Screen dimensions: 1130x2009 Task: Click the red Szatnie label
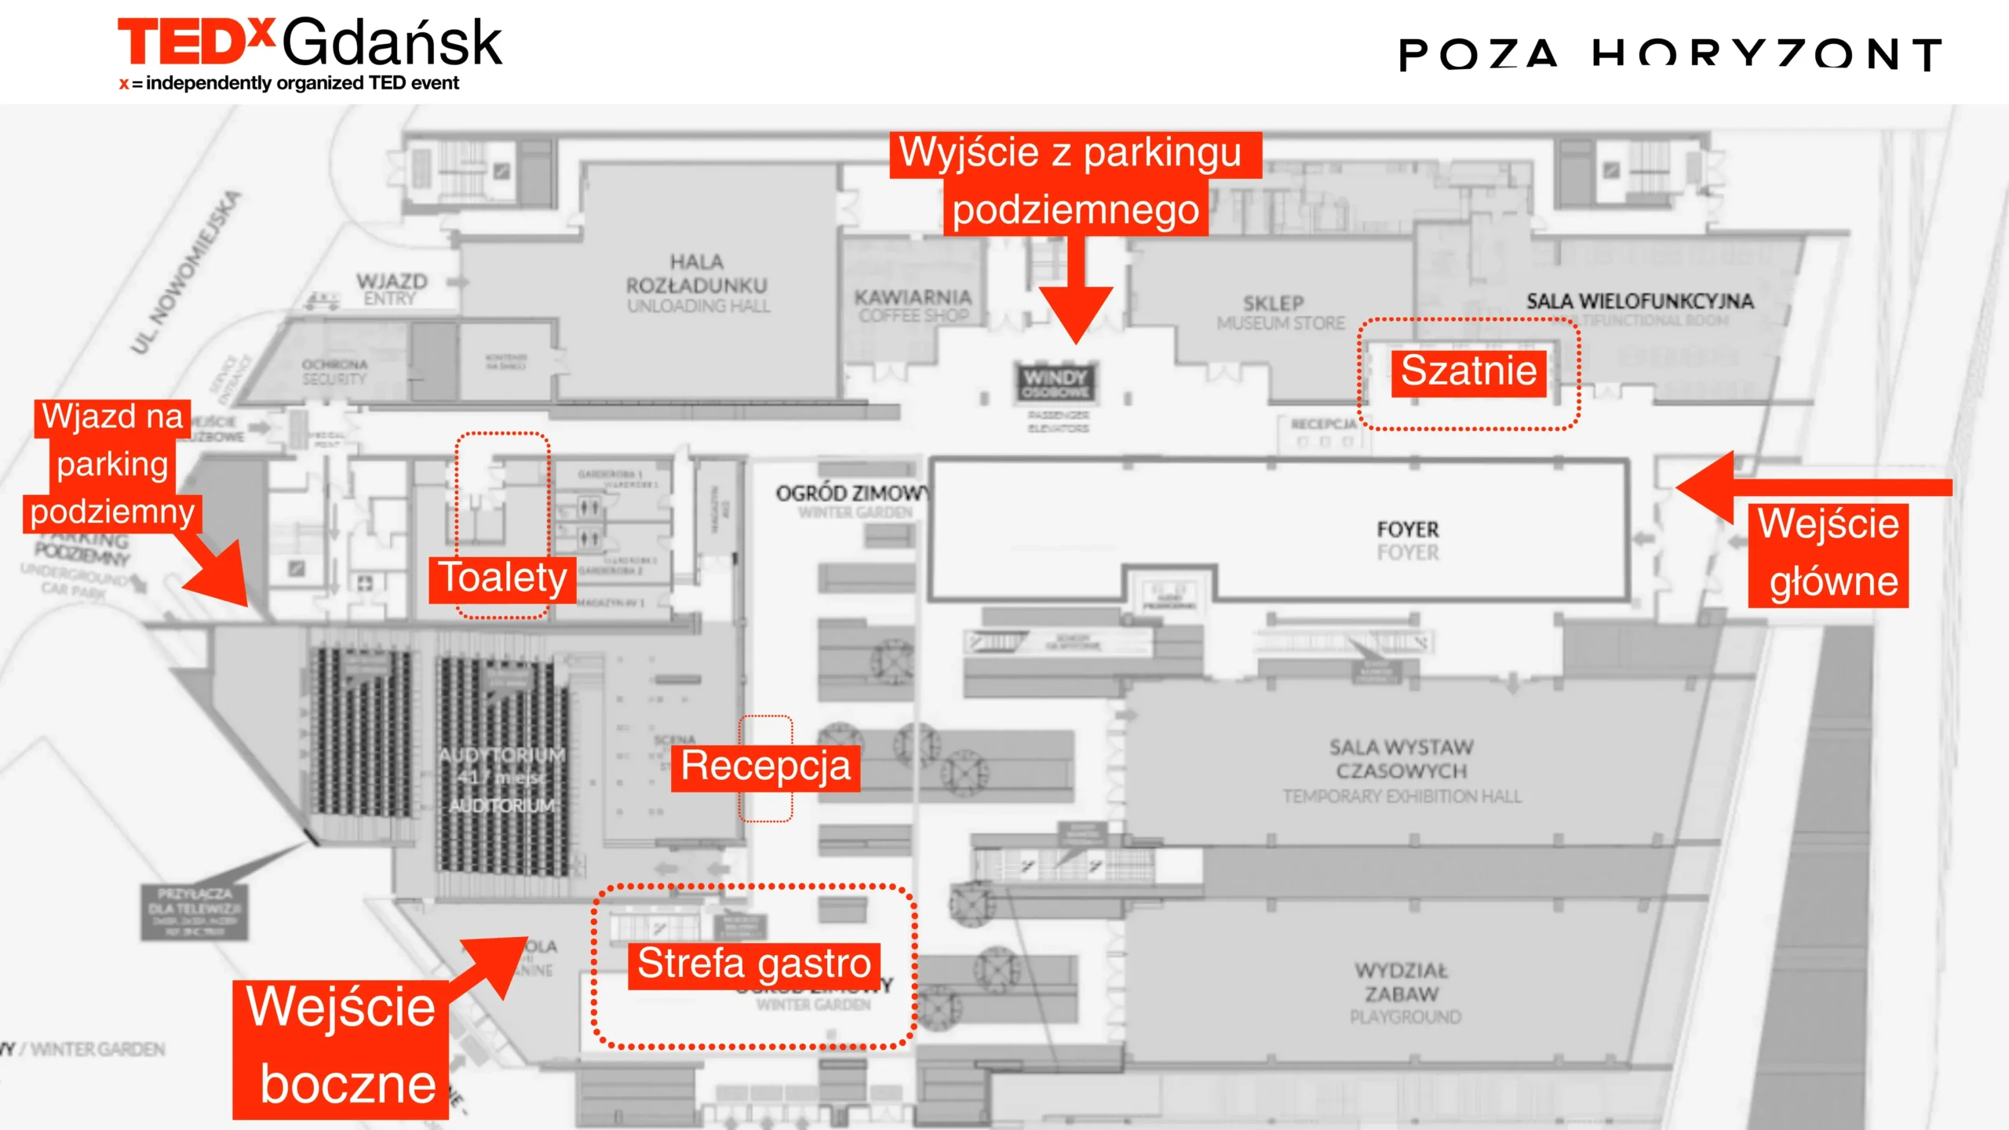click(x=1468, y=372)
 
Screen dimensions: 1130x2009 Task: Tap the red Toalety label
click(x=502, y=579)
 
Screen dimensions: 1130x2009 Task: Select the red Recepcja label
click(x=765, y=767)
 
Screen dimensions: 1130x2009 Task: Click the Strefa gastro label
click(x=753, y=964)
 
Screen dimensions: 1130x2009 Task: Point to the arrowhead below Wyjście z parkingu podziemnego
click(x=1075, y=314)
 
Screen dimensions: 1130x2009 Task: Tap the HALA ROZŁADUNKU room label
click(x=697, y=283)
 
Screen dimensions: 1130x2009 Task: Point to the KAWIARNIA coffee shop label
click(x=913, y=305)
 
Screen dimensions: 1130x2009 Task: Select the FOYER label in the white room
click(x=1408, y=540)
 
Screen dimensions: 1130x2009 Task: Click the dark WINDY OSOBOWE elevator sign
click(x=1056, y=384)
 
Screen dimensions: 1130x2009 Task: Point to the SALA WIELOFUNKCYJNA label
click(x=1639, y=301)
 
